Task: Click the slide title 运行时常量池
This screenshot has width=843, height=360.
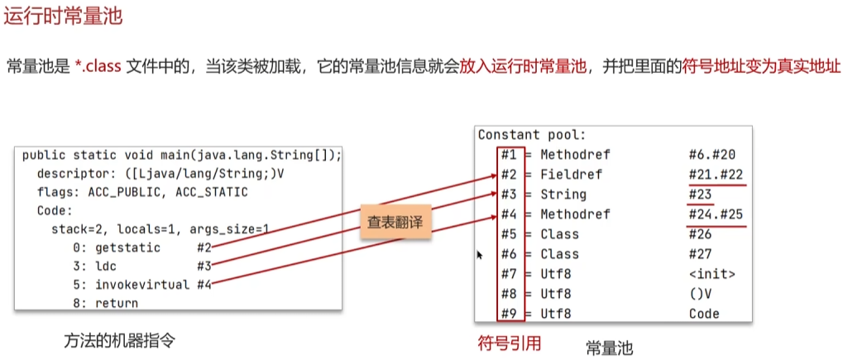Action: [x=64, y=16]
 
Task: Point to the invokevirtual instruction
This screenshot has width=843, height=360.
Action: [x=140, y=285]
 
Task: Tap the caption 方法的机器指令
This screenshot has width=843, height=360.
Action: [x=119, y=340]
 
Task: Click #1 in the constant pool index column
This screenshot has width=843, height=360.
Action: [x=509, y=155]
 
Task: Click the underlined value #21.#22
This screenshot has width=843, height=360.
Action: [x=716, y=175]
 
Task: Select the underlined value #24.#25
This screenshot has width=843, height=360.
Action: [x=716, y=214]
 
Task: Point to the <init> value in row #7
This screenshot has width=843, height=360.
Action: [x=711, y=274]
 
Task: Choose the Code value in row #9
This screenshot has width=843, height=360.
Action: [x=703, y=314]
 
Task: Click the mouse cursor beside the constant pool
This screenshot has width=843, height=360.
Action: [x=480, y=256]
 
